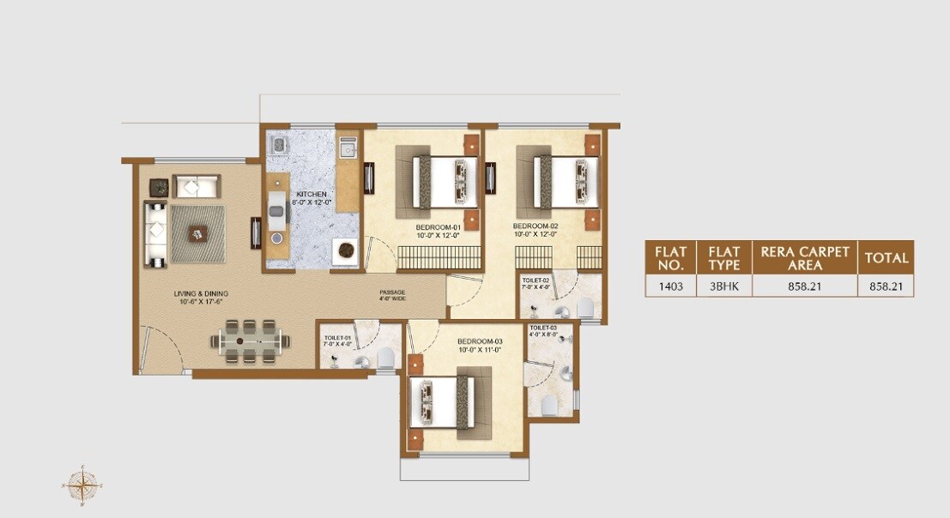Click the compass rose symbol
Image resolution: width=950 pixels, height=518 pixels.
coord(82,486)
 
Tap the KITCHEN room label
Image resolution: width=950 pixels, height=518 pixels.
coord(311,199)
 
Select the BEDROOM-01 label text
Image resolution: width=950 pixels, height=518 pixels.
coord(439,230)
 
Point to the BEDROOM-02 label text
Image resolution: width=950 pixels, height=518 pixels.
coord(536,229)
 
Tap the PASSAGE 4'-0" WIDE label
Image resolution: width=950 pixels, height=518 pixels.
coord(392,296)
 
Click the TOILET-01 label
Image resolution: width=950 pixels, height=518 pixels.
coord(336,340)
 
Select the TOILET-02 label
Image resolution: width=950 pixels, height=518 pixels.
coord(536,284)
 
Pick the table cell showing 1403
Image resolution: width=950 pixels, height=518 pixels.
coord(670,286)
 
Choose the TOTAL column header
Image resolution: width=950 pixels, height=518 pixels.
coord(885,257)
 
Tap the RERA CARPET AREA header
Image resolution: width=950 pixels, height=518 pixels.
coord(805,257)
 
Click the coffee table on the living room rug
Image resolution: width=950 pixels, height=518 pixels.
coord(197,232)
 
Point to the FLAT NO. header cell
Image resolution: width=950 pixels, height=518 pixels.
coord(670,257)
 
